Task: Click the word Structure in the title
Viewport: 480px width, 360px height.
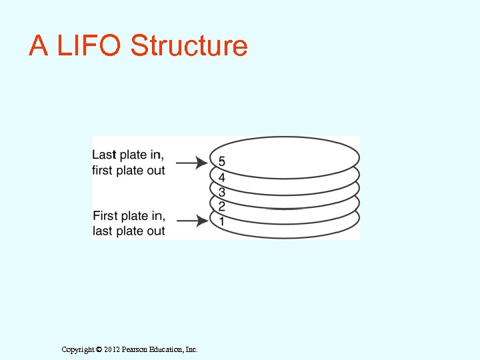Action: pyautogui.click(x=189, y=46)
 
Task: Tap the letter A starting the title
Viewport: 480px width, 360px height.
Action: pyautogui.click(x=38, y=46)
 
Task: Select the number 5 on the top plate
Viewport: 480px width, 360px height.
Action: pyautogui.click(x=221, y=162)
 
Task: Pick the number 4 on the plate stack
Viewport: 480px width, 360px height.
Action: pyautogui.click(x=221, y=178)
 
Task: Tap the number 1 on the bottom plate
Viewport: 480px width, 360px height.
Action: pyautogui.click(x=221, y=221)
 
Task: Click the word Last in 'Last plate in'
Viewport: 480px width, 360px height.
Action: pyautogui.click(x=104, y=155)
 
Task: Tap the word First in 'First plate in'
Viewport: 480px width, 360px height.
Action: pyautogui.click(x=105, y=216)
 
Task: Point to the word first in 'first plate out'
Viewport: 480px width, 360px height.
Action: pyautogui.click(x=103, y=170)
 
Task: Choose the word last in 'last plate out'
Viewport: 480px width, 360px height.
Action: pyautogui.click(x=103, y=231)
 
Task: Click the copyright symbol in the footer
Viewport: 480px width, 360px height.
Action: pyautogui.click(x=99, y=349)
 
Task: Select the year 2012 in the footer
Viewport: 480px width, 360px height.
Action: pyautogui.click(x=112, y=349)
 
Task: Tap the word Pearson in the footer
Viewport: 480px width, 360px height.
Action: pyautogui.click(x=135, y=349)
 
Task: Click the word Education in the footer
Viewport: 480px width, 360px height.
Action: pyautogui.click(x=167, y=349)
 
